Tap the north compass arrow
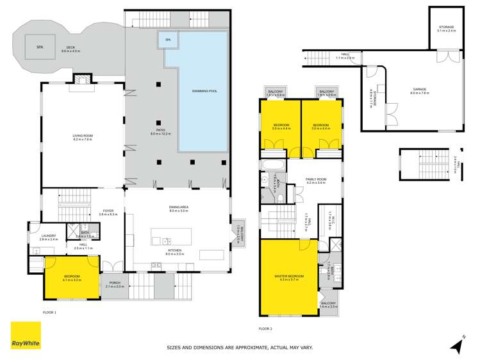[456, 345]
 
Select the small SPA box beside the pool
[169, 40]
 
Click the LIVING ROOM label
[82, 136]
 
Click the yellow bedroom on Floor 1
[71, 279]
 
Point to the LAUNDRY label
[49, 236]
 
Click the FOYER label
[108, 211]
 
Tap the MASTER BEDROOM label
[288, 276]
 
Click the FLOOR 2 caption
[265, 328]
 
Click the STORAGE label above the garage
[446, 28]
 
